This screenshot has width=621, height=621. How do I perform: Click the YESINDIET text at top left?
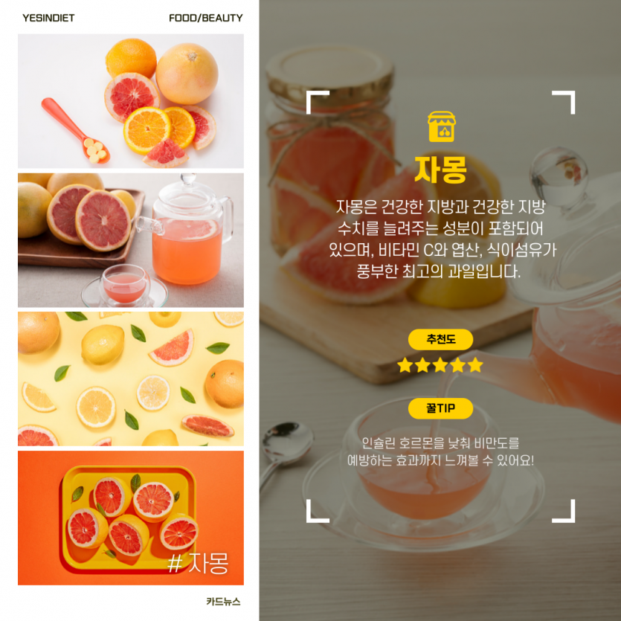click(48, 18)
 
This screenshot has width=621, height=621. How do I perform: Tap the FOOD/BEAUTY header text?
click(205, 18)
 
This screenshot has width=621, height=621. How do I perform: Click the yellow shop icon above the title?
click(441, 126)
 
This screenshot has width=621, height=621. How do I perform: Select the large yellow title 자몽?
click(441, 169)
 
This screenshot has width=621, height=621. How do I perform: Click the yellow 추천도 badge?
click(440, 339)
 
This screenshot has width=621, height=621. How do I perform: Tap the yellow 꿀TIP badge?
click(440, 408)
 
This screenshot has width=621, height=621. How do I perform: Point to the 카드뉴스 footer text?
click(223, 602)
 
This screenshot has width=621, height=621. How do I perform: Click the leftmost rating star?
click(405, 365)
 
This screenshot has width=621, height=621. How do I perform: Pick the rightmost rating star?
click(475, 365)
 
